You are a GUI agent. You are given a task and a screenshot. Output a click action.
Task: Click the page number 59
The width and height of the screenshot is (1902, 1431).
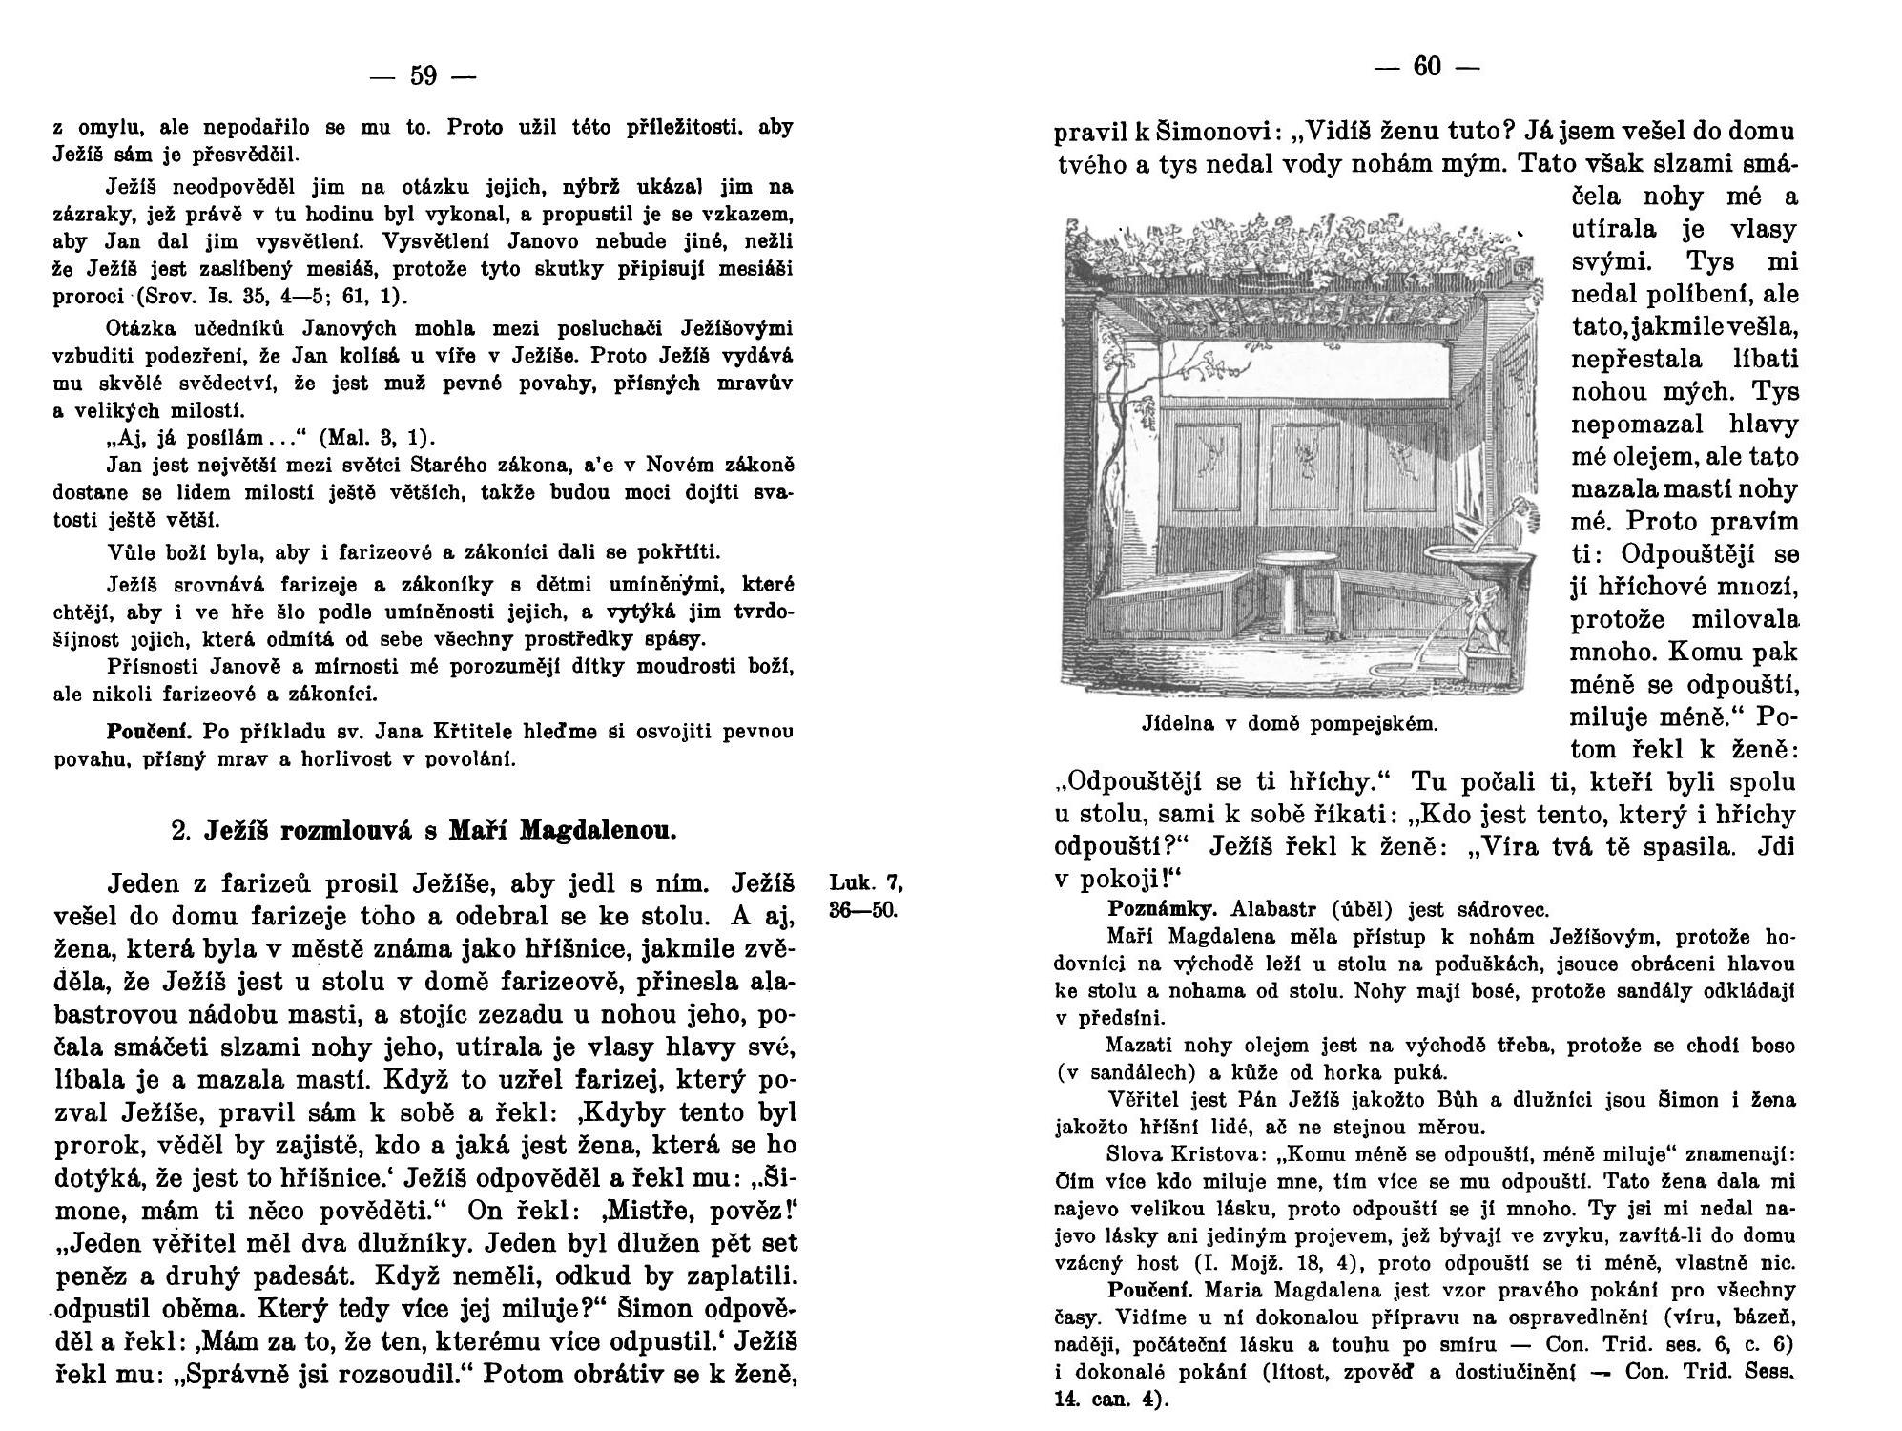[x=423, y=75]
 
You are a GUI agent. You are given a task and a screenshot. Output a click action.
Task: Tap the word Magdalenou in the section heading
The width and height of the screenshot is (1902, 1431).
[x=597, y=830]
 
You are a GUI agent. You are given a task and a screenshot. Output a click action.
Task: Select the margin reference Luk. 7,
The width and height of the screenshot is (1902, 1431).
[x=865, y=881]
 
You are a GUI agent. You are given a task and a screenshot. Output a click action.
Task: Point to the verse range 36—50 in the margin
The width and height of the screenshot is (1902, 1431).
[x=863, y=910]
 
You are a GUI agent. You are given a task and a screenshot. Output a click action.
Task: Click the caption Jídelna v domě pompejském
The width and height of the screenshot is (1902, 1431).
[x=1289, y=723]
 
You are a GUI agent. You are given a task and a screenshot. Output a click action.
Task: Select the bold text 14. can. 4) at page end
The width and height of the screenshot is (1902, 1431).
[x=1111, y=1400]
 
